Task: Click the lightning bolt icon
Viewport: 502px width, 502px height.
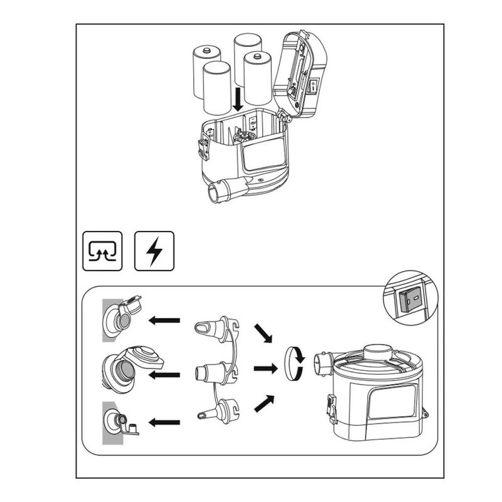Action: [x=154, y=251]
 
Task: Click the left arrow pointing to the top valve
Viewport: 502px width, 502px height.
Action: [x=164, y=321]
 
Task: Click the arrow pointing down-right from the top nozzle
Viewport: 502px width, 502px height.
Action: [x=263, y=333]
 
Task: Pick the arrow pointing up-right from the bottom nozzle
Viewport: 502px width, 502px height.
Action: [x=264, y=403]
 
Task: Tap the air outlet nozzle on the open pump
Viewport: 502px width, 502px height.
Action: [x=224, y=190]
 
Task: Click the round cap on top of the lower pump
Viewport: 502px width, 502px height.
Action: [x=377, y=354]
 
